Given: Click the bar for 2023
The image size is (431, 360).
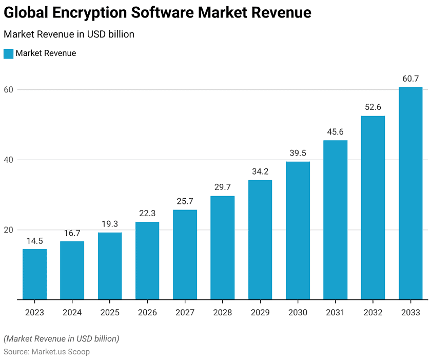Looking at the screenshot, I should [x=34, y=274].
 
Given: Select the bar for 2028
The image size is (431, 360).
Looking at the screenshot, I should [x=222, y=248].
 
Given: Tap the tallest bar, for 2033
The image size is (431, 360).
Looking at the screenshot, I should [x=410, y=193].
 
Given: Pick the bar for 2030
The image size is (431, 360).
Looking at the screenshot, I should [x=298, y=231].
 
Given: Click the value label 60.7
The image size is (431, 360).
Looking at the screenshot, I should [x=410, y=79].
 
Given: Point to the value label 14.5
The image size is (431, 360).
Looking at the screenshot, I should [x=34, y=240].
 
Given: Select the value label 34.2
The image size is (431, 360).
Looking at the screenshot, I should [x=260, y=172].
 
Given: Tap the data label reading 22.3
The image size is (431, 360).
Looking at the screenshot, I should [x=147, y=213].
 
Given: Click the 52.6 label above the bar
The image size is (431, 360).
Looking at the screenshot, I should [x=373, y=107].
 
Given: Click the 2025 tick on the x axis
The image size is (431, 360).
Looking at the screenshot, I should [x=110, y=312].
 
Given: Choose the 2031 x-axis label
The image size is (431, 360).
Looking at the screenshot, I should [x=335, y=312].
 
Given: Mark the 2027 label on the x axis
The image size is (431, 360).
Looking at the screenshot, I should [x=185, y=312].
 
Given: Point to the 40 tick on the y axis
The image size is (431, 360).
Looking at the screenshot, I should [x=9, y=160].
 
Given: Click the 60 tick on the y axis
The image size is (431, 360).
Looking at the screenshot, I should [x=9, y=90].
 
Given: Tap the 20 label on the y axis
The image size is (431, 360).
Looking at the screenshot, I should [x=9, y=230].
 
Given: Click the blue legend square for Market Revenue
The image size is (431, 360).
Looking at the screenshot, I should [x=8, y=53].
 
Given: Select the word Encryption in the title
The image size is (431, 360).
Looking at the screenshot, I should [x=97, y=12].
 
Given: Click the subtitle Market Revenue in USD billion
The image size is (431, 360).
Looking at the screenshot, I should [x=69, y=34].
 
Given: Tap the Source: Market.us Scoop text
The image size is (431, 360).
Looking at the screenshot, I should [x=47, y=352].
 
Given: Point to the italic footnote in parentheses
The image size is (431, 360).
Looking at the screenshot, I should [x=62, y=338].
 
